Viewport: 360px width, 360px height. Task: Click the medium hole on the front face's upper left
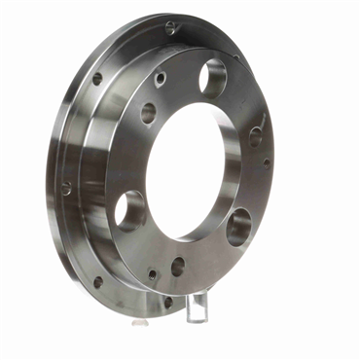pyautogui.click(x=148, y=113)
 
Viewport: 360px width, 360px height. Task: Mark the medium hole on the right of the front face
pyautogui.click(x=256, y=135)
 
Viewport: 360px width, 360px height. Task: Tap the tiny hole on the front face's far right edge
pyautogui.click(x=266, y=162)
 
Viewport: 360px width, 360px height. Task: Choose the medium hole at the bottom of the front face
pyautogui.click(x=178, y=265)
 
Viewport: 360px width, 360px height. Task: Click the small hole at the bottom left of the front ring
pyautogui.click(x=150, y=273)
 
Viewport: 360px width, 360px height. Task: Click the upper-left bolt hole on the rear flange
pyautogui.click(x=97, y=79)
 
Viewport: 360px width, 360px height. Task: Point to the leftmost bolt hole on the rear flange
pyautogui.click(x=66, y=188)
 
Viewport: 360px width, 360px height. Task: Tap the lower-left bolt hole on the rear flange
pyautogui.click(x=97, y=282)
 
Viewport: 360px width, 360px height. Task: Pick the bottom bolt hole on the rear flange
pyautogui.click(x=167, y=303)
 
